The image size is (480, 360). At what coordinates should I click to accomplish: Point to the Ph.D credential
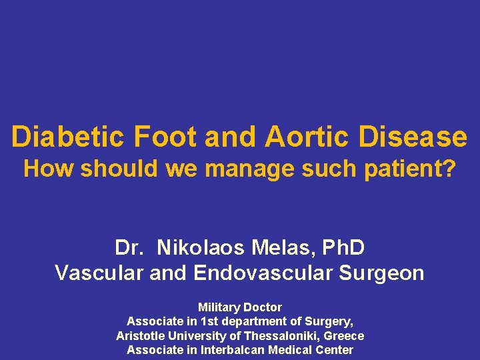[343, 248]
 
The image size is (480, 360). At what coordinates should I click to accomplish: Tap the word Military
[219, 307]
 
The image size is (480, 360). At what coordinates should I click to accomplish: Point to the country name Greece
[344, 335]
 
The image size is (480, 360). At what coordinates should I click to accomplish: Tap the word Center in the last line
[335, 350]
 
